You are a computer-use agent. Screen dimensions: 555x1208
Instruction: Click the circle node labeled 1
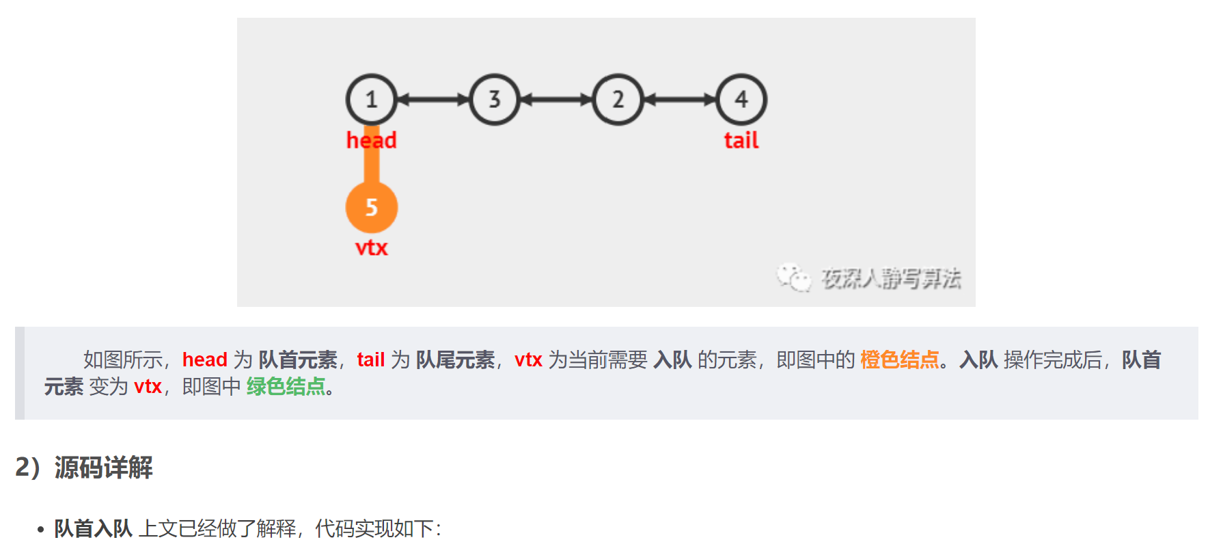(371, 100)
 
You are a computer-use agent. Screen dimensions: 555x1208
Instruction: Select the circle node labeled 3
(495, 100)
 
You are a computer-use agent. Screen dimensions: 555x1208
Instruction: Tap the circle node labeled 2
(618, 100)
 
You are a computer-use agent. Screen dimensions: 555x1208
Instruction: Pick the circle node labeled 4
(741, 100)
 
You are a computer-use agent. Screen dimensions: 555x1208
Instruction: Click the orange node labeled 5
(371, 207)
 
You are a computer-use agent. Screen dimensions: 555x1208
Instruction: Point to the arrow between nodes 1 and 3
(433, 100)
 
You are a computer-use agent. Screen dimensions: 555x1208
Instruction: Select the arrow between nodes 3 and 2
(556, 100)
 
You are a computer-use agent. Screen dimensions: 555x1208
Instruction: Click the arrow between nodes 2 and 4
(680, 100)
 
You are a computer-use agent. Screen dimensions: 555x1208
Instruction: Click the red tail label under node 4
(741, 140)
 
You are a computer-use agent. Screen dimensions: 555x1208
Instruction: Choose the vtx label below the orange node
(371, 247)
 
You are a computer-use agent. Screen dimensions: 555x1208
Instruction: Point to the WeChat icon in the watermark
(793, 277)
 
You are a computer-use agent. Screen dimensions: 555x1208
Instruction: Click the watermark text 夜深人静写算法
(891, 279)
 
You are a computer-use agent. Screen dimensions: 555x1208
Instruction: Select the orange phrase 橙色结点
(899, 360)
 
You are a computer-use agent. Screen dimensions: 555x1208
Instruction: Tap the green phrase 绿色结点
(286, 387)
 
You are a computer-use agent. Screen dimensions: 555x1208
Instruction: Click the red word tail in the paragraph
(370, 360)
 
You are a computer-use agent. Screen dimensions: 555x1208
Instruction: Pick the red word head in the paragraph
(204, 360)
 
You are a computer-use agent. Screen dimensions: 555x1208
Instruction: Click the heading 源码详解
(103, 468)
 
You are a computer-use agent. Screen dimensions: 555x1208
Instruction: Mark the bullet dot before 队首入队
(41, 529)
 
